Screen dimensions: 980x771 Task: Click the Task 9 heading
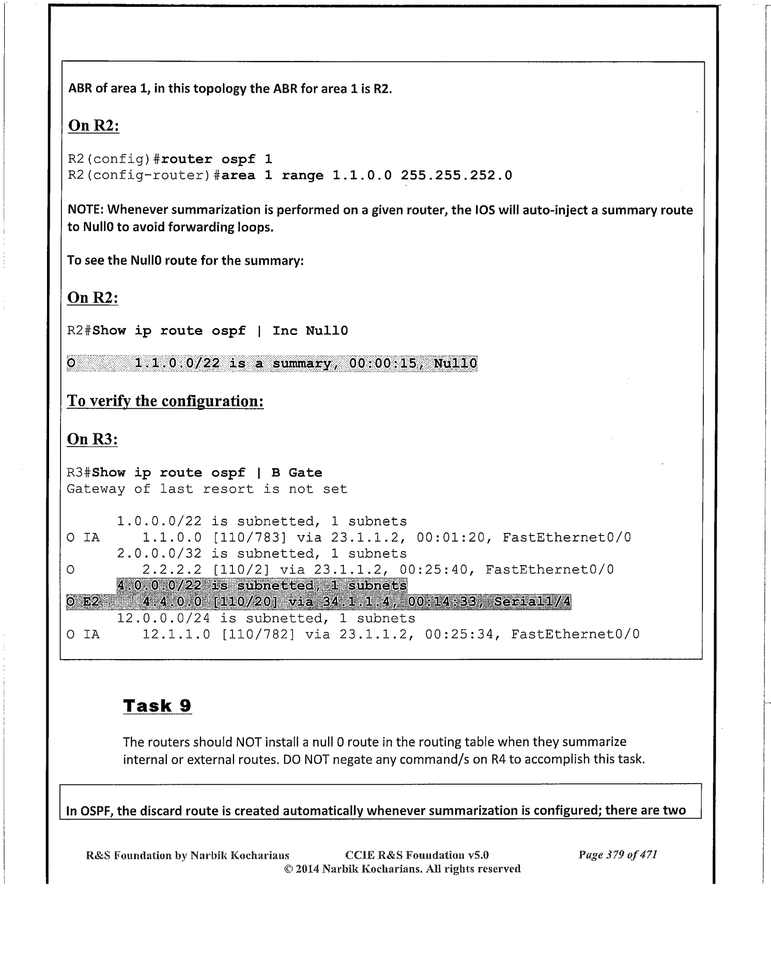[x=157, y=706]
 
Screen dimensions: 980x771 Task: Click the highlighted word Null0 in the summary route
[x=455, y=364]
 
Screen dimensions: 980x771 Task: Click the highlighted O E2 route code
[x=83, y=602]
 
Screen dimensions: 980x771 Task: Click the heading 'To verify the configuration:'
[x=165, y=402]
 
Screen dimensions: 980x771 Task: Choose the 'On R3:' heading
[x=92, y=439]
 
